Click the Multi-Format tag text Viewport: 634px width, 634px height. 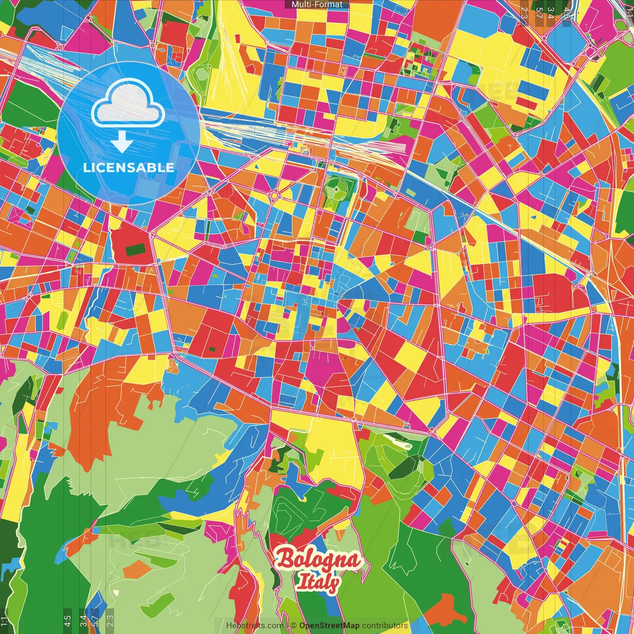pyautogui.click(x=317, y=4)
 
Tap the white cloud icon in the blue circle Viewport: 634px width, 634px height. pyautogui.click(x=128, y=105)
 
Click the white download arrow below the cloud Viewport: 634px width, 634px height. pyautogui.click(x=121, y=142)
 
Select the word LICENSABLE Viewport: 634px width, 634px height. pyautogui.click(x=128, y=167)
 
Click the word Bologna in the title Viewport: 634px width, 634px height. pyautogui.click(x=318, y=560)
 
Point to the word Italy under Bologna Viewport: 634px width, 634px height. pyautogui.click(x=318, y=582)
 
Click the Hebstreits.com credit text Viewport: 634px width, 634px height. pyautogui.click(x=255, y=626)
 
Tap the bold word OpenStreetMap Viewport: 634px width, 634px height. pyautogui.click(x=329, y=626)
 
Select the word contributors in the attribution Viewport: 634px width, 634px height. pyautogui.click(x=385, y=626)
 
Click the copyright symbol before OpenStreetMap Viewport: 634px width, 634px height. pyautogui.click(x=293, y=626)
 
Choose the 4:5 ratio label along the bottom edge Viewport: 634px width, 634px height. pyautogui.click(x=67, y=620)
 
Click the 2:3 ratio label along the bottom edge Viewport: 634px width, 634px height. pyautogui.click(x=109, y=620)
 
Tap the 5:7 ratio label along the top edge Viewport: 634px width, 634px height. pyautogui.click(x=538, y=12)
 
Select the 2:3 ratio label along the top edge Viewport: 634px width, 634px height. pyautogui.click(x=524, y=12)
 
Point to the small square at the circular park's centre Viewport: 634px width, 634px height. pyautogui.click(x=337, y=189)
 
